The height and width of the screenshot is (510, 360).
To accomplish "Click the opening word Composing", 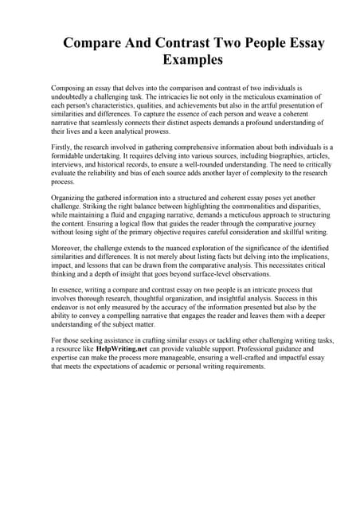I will point(73,85).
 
